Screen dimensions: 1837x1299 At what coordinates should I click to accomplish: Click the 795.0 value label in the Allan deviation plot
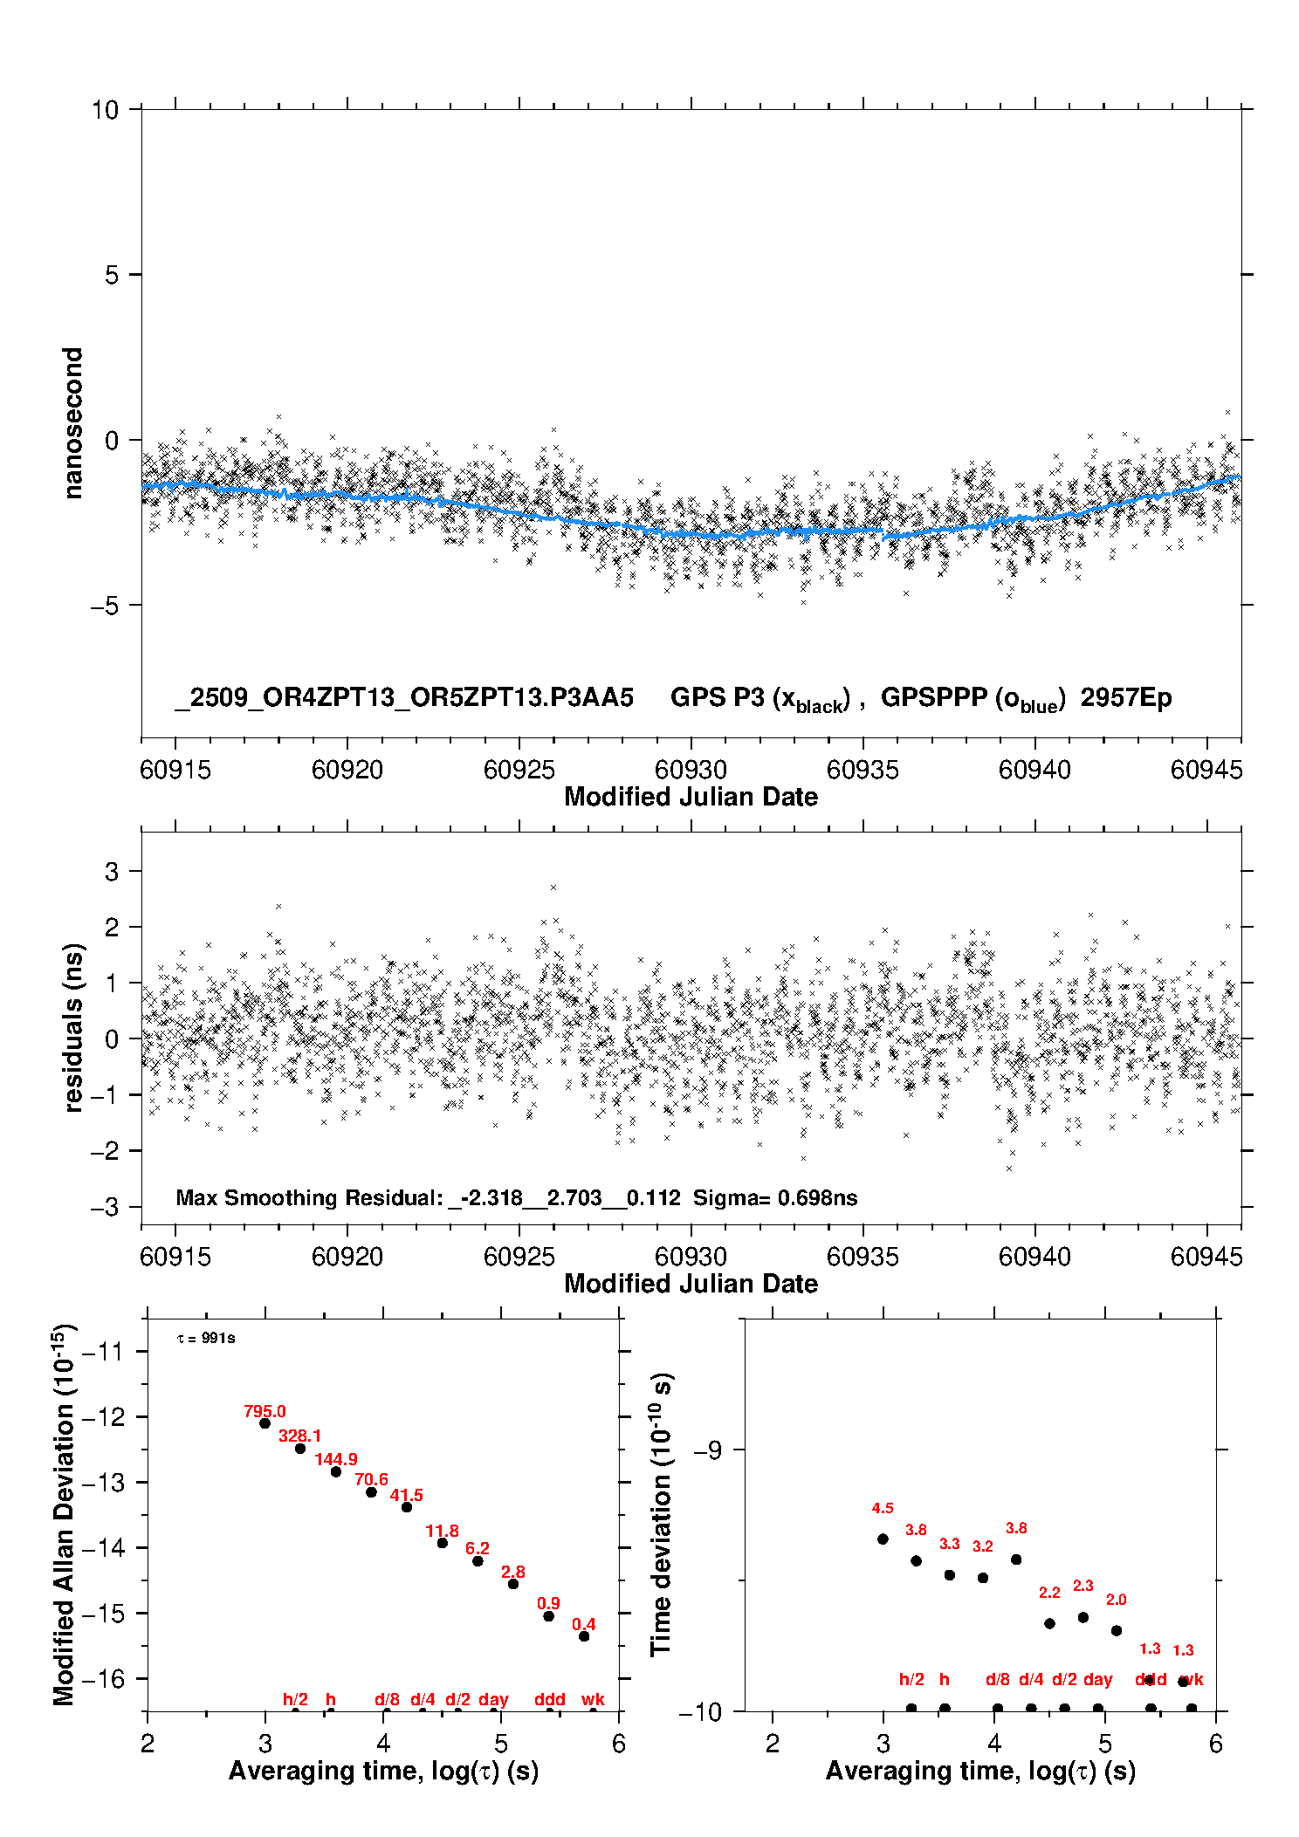pos(265,1411)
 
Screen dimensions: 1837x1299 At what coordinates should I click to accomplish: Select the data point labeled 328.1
pos(300,1449)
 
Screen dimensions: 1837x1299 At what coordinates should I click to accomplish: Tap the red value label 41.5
pos(407,1495)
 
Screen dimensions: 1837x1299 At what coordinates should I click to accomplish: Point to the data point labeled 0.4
pos(584,1636)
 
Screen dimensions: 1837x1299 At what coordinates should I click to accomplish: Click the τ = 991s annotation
pos(206,1339)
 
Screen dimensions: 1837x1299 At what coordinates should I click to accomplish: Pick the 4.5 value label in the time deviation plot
pos(883,1508)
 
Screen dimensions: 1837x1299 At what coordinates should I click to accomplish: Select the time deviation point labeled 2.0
pos(1117,1630)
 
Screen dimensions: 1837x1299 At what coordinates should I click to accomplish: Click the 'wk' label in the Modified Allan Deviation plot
pos(593,1699)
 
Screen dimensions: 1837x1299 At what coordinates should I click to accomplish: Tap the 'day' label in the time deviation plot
pos(1098,1679)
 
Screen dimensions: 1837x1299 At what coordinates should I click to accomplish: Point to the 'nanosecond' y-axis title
pos(73,423)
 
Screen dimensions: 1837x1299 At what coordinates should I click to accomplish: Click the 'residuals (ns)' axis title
pos(73,1027)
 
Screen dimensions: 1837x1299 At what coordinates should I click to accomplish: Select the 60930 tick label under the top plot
pos(691,770)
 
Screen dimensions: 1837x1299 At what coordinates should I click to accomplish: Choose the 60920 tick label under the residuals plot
pos(347,1257)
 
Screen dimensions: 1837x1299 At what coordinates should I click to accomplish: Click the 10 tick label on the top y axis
pos(105,110)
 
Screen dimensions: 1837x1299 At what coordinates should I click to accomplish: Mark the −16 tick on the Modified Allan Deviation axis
pos(102,1678)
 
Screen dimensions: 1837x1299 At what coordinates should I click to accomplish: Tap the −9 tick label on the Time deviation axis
pos(707,1450)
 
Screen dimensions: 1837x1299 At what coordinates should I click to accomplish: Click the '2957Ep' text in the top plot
pos(1126,698)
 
